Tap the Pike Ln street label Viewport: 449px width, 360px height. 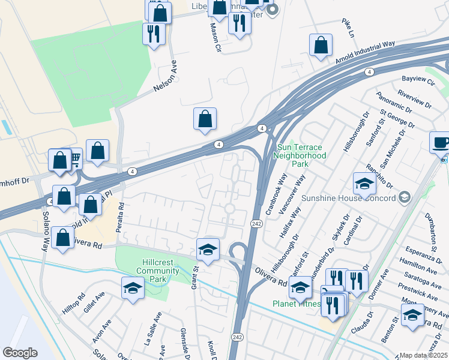[x=348, y=26]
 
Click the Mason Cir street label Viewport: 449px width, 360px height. [x=215, y=37]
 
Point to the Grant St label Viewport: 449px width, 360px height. [x=195, y=278]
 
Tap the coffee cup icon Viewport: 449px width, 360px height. [x=440, y=143]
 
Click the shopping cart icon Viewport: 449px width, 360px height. [x=75, y=158]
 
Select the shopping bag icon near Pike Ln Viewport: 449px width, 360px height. [x=321, y=45]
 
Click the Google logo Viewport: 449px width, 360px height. [x=20, y=353]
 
